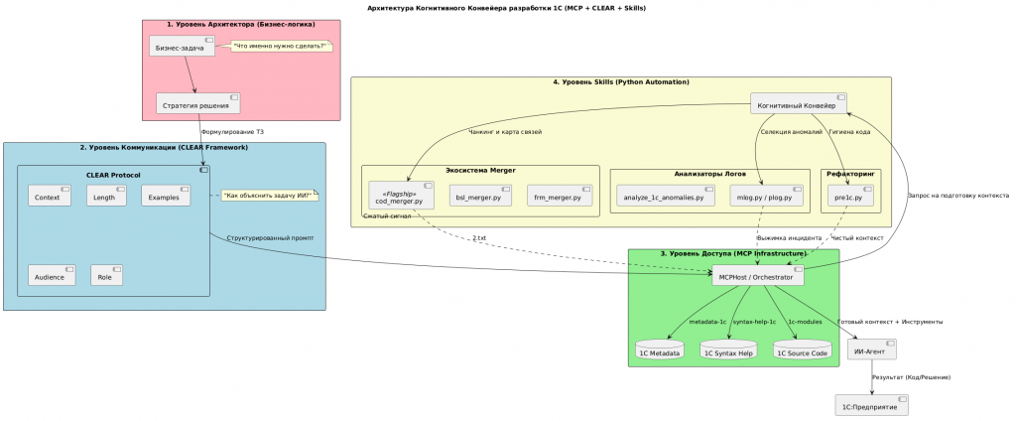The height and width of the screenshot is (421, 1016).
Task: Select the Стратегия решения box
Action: pyautogui.click(x=198, y=104)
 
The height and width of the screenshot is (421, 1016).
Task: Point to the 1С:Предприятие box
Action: pyautogui.click(x=872, y=406)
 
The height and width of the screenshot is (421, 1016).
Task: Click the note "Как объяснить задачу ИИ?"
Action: pyautogui.click(x=267, y=196)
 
